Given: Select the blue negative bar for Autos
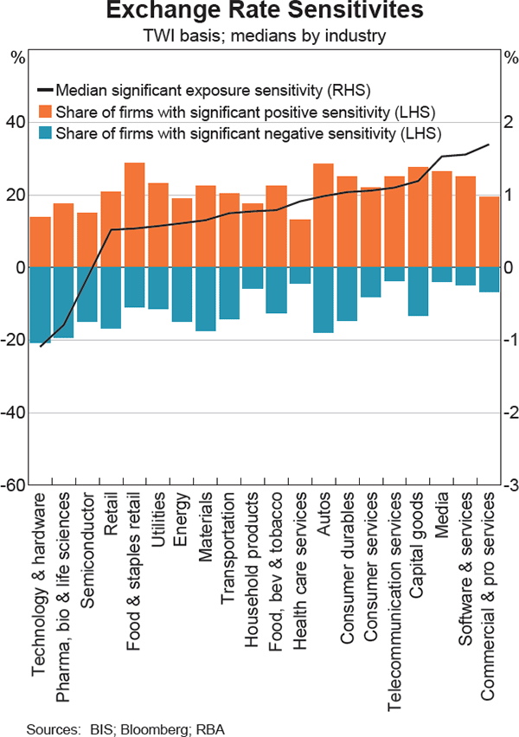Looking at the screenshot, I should tap(323, 300).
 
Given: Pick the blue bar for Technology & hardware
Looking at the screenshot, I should tap(41, 305).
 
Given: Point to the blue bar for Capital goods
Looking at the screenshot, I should tap(418, 292).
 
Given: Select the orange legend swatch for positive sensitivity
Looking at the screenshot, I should tap(44, 112).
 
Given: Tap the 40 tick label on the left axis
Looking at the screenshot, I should tap(16, 123).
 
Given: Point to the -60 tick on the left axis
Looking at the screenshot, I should tap(14, 485).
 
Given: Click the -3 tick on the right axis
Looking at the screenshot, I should tap(509, 485).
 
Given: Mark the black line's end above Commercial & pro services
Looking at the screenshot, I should tap(489, 144).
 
